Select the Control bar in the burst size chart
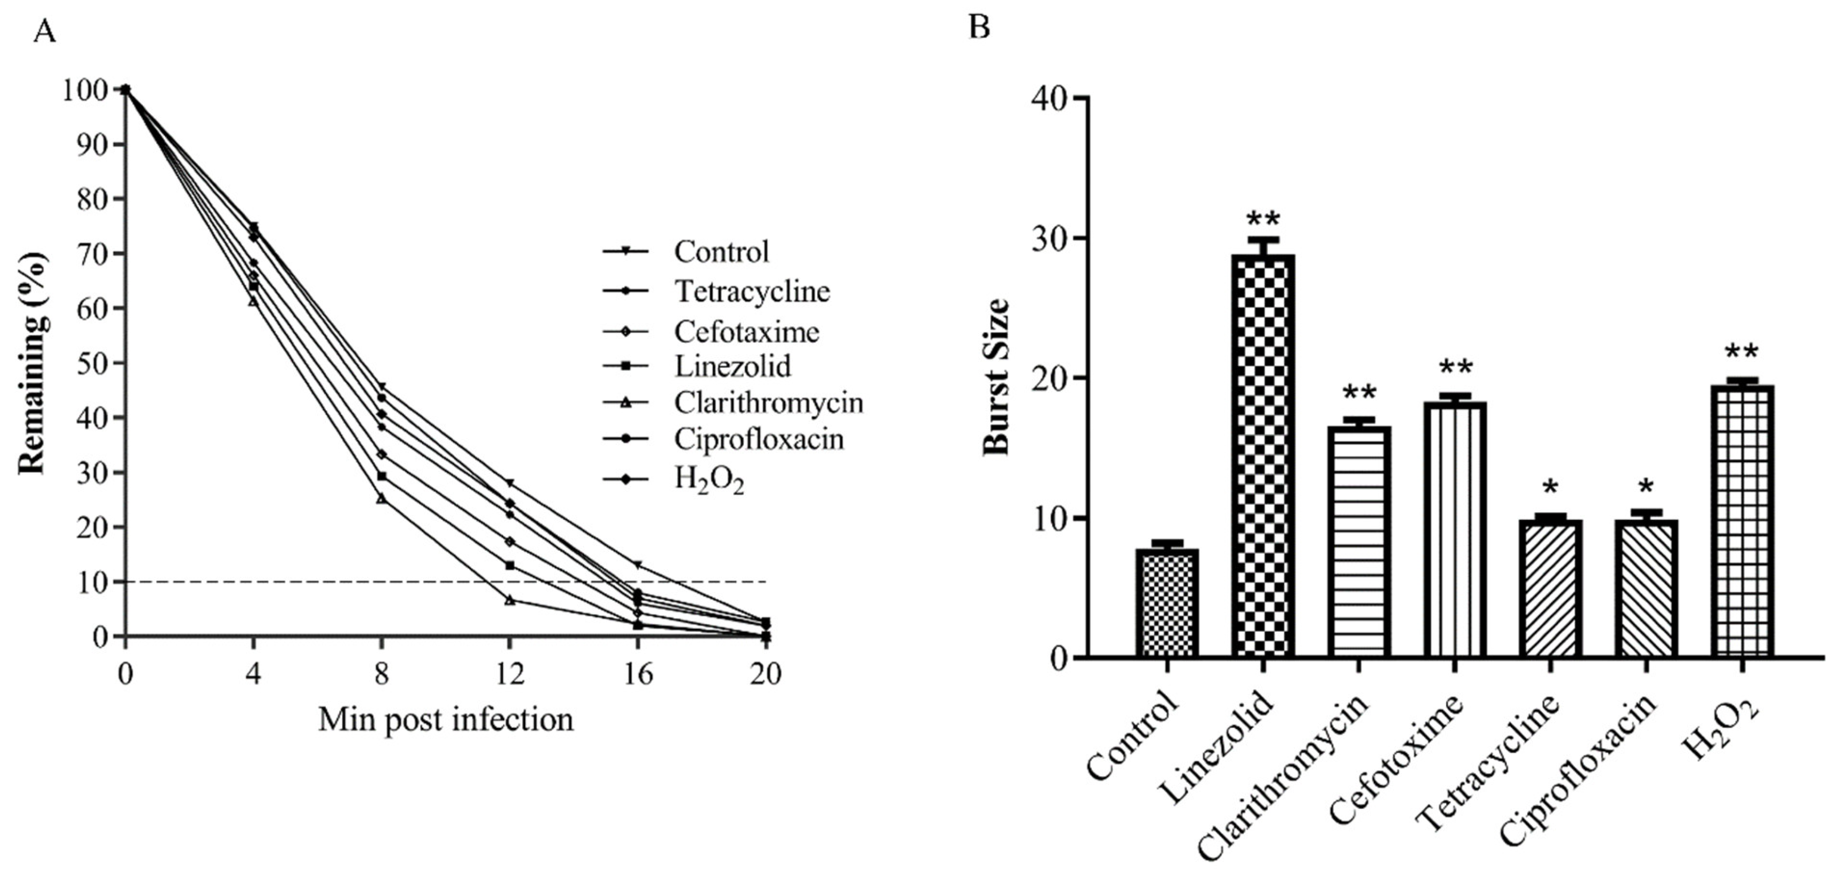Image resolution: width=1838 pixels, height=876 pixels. [x=1166, y=603]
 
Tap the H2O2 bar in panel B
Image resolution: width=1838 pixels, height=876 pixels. [x=1742, y=521]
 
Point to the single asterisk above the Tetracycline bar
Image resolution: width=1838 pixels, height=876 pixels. [x=1550, y=489]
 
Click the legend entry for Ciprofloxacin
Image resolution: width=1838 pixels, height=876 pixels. [x=759, y=439]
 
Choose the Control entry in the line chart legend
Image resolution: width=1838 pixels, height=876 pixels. [x=721, y=251]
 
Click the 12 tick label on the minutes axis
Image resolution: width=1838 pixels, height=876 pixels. [x=509, y=674]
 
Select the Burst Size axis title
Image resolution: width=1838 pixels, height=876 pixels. [x=997, y=376]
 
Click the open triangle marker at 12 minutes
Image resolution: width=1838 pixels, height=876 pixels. [x=509, y=600]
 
